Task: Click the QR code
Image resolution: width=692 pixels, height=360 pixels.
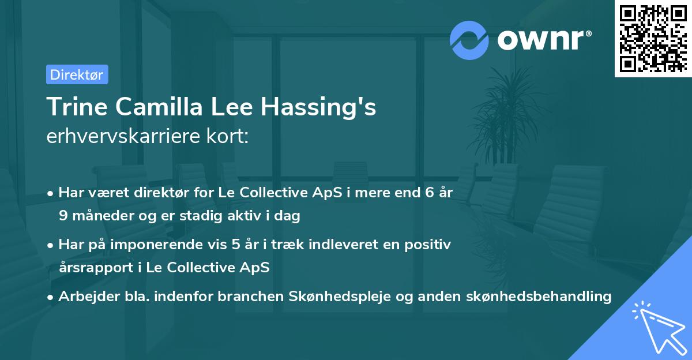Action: click(x=653, y=39)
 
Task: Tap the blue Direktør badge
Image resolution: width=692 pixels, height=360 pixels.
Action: click(x=77, y=74)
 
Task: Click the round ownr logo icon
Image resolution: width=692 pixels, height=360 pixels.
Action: click(x=469, y=40)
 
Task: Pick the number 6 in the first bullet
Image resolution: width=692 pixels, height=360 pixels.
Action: click(x=429, y=193)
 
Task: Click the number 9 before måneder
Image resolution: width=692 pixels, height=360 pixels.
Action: click(x=62, y=216)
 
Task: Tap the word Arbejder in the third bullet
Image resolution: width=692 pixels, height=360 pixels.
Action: click(x=84, y=297)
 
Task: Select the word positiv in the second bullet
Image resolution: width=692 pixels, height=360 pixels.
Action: click(x=430, y=245)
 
